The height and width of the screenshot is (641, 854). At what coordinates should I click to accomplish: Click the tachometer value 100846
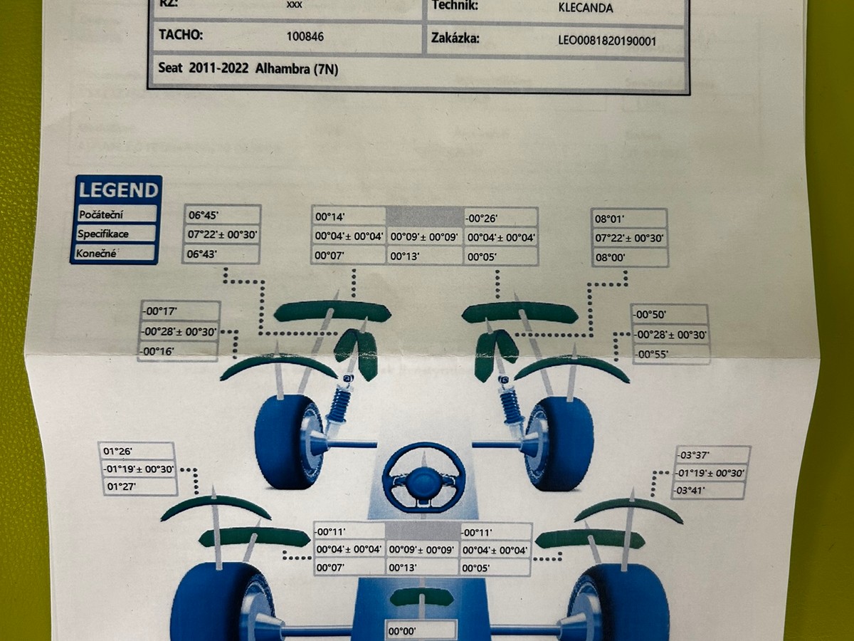click(305, 36)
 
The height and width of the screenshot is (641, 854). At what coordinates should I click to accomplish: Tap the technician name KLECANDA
click(586, 9)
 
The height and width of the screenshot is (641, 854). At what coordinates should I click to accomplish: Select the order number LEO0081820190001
click(607, 41)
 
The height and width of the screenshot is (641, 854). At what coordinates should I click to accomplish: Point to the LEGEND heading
click(118, 190)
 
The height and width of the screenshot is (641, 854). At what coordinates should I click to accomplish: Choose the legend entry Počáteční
click(100, 214)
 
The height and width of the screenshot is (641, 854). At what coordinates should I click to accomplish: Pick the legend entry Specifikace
click(103, 234)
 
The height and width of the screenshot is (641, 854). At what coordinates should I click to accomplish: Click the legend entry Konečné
click(98, 253)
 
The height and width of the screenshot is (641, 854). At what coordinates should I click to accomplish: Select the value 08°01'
click(611, 219)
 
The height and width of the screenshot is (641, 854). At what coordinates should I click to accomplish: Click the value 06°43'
click(203, 254)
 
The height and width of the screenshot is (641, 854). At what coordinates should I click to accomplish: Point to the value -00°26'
click(482, 218)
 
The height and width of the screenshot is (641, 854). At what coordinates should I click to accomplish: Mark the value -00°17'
click(159, 311)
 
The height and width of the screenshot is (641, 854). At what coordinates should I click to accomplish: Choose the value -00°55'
click(651, 354)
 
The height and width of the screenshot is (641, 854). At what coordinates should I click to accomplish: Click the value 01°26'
click(119, 451)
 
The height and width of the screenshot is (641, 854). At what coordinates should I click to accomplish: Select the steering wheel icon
click(423, 476)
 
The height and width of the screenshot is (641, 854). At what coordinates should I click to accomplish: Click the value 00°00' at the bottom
click(403, 630)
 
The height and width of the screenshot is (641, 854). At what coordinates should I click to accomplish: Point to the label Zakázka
click(455, 38)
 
